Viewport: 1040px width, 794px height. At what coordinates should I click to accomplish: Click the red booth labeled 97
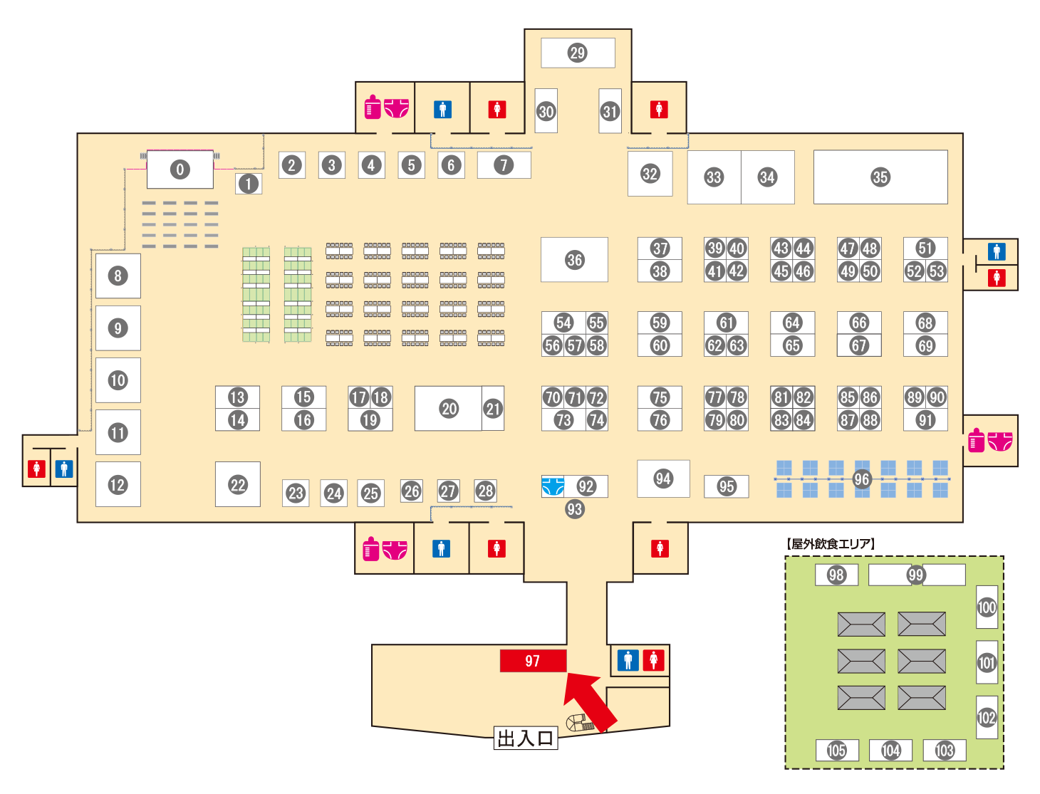533,660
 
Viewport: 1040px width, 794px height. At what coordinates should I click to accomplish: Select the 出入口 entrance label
526,738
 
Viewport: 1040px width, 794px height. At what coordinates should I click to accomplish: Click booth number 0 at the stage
180,169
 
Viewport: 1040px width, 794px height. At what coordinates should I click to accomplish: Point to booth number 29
578,53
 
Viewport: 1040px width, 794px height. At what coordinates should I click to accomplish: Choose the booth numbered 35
880,177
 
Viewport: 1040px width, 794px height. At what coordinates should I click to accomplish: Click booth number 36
574,259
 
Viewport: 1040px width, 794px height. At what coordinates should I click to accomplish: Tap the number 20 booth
448,408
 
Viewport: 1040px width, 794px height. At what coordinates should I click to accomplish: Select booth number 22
237,484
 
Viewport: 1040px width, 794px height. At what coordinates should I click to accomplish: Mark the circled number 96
861,479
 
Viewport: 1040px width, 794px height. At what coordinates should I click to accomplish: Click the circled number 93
574,509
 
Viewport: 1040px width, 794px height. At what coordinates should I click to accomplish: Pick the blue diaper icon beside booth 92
553,486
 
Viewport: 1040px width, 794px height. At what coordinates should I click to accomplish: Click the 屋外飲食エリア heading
830,543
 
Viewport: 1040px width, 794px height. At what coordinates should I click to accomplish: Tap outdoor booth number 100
987,607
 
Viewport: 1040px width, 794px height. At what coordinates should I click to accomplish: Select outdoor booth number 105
837,750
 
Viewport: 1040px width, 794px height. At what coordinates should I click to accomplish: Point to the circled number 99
916,574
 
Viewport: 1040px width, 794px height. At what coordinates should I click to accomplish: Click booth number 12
118,484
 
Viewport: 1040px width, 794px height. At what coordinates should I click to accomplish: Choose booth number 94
663,479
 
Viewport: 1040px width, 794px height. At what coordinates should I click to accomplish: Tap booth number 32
650,173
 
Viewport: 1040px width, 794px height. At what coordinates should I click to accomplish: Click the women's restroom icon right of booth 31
659,110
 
